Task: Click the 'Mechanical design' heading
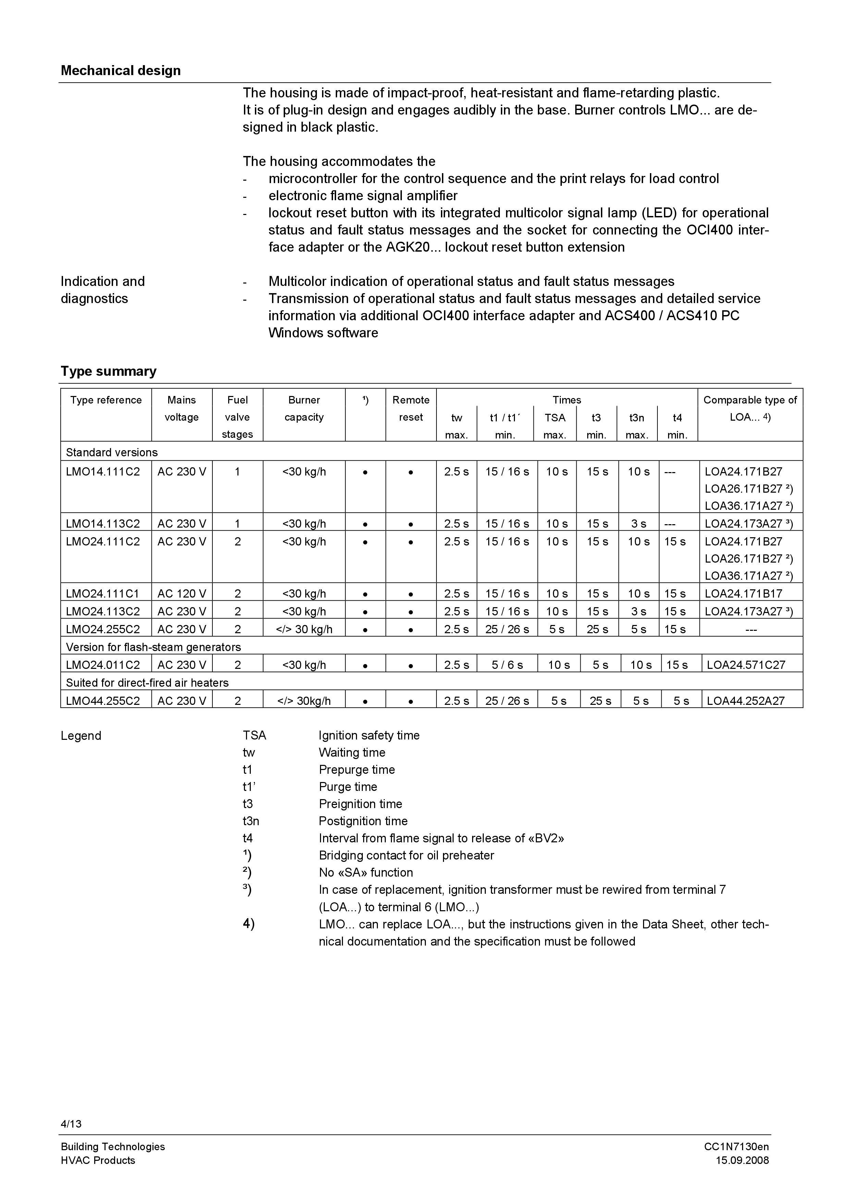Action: pos(121,71)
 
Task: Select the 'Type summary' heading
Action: pos(108,372)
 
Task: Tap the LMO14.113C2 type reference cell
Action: pos(103,524)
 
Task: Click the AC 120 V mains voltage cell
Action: pos(182,594)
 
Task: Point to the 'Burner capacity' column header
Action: pos(304,409)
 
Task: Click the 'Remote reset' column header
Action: pos(410,409)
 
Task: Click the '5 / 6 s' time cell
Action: pos(507,665)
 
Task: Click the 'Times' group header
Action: pos(567,400)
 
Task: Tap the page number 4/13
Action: pos(71,1123)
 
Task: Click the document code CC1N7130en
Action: pos(736,1146)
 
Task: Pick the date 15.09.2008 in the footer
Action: pos(742,1160)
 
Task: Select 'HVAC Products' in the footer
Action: pos(98,1160)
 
